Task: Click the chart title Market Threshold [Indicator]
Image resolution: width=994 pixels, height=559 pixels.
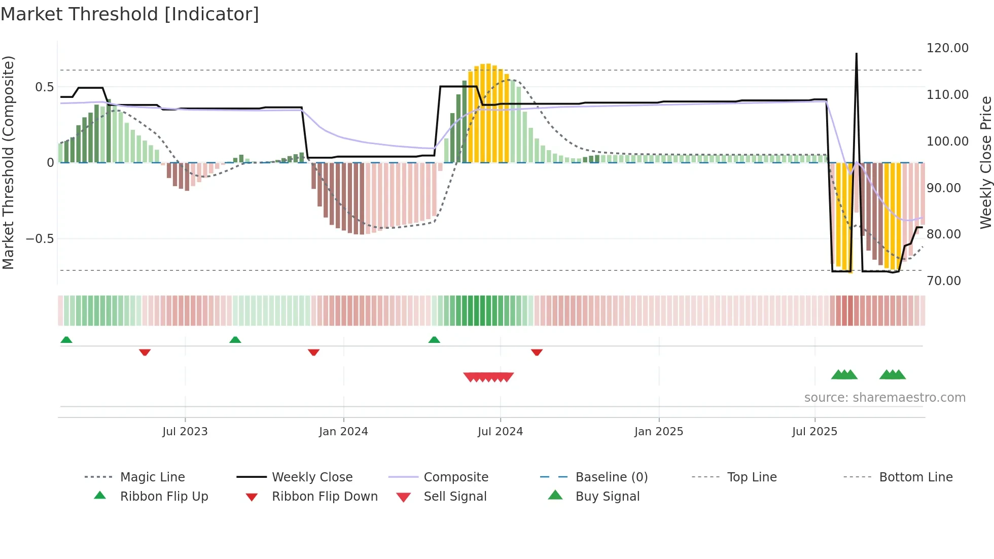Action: [x=130, y=14]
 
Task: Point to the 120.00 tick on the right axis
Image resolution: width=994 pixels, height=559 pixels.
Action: [x=947, y=48]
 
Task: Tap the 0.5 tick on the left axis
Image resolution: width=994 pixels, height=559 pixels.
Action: [x=44, y=87]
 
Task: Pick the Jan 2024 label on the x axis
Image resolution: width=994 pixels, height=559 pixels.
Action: [x=343, y=432]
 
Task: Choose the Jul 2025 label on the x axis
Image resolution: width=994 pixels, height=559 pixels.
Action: [x=814, y=432]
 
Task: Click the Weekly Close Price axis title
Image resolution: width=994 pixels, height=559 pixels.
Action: [x=985, y=162]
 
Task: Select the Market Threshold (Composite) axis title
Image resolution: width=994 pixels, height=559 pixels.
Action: [x=8, y=162]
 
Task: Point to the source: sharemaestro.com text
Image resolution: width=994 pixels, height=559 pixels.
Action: [x=884, y=398]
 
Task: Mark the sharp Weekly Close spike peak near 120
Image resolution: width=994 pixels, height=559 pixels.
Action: [x=857, y=54]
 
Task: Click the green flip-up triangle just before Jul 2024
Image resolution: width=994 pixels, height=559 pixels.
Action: [x=434, y=340]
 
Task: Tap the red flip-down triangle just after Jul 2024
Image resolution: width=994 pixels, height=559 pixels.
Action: [x=537, y=352]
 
